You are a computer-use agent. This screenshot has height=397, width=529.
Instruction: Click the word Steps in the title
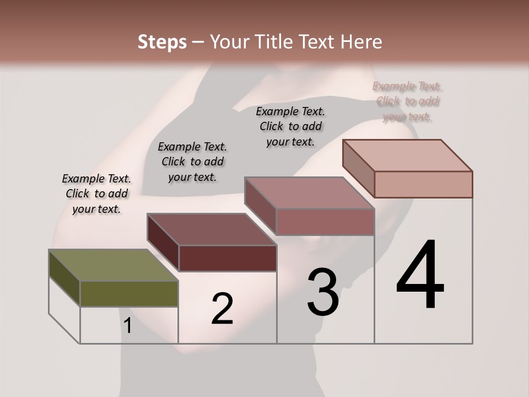coord(162,42)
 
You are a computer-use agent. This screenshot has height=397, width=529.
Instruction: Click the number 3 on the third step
coord(323,292)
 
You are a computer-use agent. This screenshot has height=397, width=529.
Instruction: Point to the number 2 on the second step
coord(222,309)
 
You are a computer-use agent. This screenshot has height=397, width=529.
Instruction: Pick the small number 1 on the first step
coord(128,326)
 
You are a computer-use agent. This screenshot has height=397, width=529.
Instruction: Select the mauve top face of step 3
coord(309,193)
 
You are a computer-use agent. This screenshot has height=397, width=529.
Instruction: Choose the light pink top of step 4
coord(407,155)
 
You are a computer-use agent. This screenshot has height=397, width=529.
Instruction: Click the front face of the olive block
coord(129,294)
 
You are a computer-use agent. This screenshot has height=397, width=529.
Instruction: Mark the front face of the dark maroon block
coord(228,258)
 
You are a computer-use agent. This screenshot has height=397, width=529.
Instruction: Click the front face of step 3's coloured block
coord(325,222)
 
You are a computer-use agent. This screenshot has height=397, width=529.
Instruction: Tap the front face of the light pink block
coord(423,184)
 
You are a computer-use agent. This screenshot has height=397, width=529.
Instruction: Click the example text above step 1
coord(96,194)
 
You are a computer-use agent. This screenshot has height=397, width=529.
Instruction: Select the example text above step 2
coord(192,162)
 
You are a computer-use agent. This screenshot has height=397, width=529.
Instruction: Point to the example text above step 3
coord(290,126)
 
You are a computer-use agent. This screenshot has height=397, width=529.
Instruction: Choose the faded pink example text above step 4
coord(407,101)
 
